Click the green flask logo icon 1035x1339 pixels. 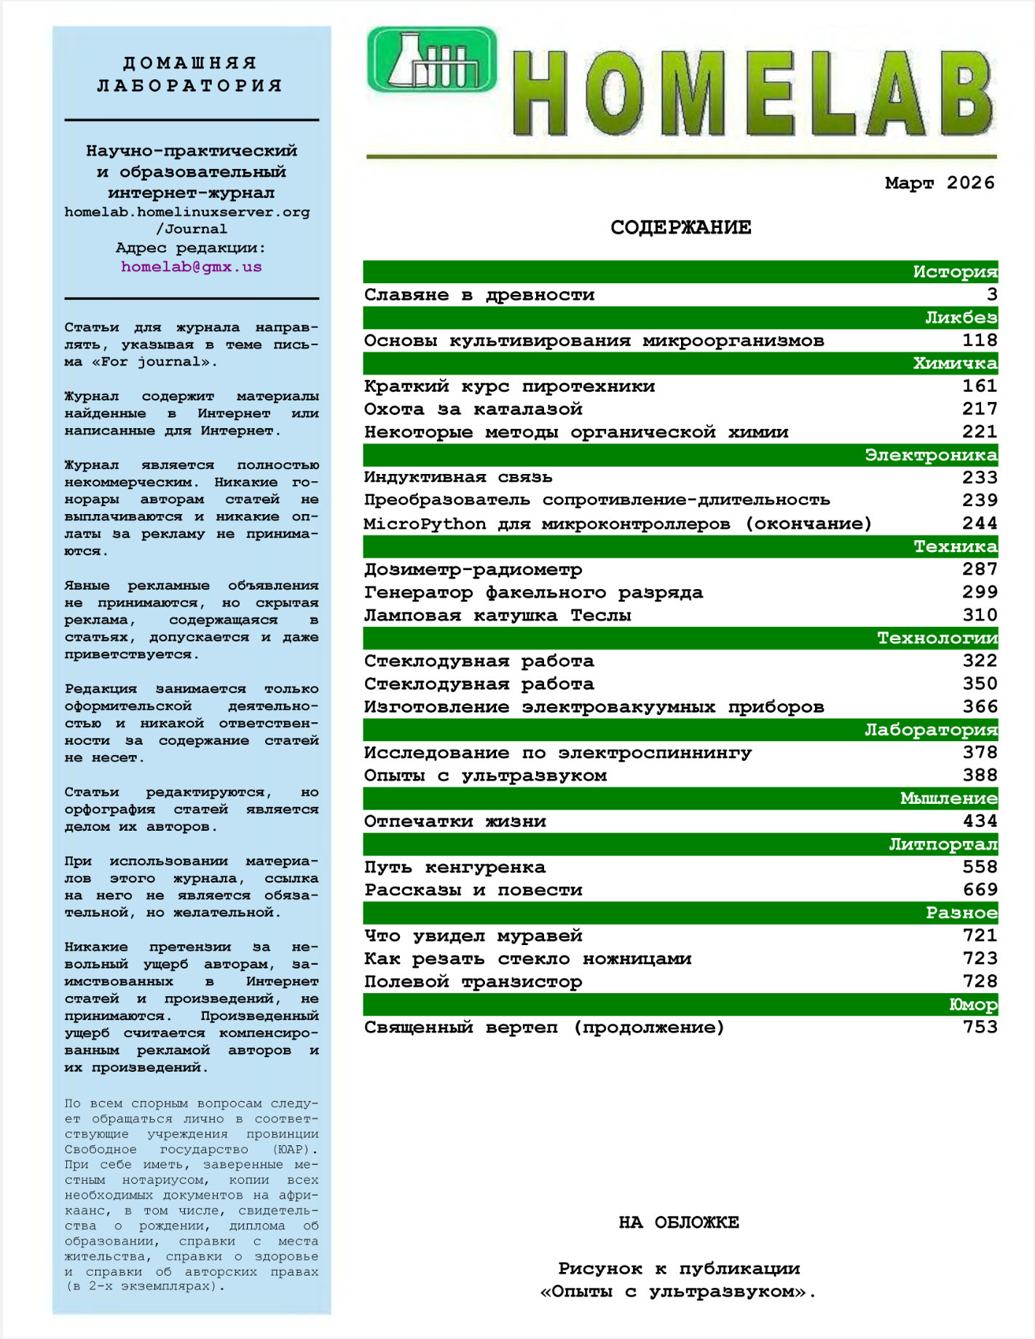tap(431, 60)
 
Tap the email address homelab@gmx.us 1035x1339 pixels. tap(191, 266)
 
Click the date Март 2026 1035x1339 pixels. tap(939, 183)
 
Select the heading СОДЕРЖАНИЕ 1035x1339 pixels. tap(680, 227)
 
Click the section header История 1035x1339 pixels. tap(954, 272)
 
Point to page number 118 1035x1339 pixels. tap(979, 341)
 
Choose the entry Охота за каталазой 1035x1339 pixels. tap(473, 409)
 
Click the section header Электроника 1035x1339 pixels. tap(930, 455)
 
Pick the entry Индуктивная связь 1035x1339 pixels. tap(458, 478)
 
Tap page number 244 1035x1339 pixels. tap(979, 524)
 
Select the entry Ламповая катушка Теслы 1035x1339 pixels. tap(497, 615)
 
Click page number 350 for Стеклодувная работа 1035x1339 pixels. tap(979, 684)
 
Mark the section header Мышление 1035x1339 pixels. tap(948, 799)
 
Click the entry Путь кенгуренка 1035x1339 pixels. tap(454, 867)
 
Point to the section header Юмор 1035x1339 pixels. tap(972, 1005)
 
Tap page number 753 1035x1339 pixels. tap(979, 1027)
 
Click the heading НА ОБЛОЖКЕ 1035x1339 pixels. tap(679, 1223)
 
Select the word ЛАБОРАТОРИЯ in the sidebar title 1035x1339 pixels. tap(190, 86)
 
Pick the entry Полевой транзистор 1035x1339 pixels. tap(473, 981)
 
